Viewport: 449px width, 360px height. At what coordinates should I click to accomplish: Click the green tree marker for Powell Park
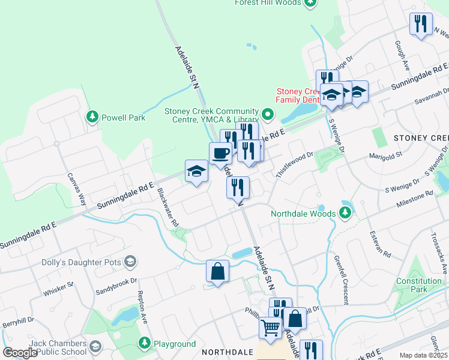(x=92, y=116)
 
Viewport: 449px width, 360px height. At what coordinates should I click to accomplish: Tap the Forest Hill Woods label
(x=267, y=3)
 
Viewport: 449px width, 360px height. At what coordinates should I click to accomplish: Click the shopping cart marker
(x=271, y=328)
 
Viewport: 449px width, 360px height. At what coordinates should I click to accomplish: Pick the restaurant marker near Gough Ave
(x=420, y=24)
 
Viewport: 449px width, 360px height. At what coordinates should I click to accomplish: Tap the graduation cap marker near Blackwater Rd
(x=196, y=172)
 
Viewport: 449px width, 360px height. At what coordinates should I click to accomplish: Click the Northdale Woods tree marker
(x=345, y=213)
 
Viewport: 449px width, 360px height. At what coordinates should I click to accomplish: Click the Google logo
(x=20, y=353)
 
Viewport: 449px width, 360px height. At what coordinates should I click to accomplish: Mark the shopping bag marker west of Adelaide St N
(x=217, y=271)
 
